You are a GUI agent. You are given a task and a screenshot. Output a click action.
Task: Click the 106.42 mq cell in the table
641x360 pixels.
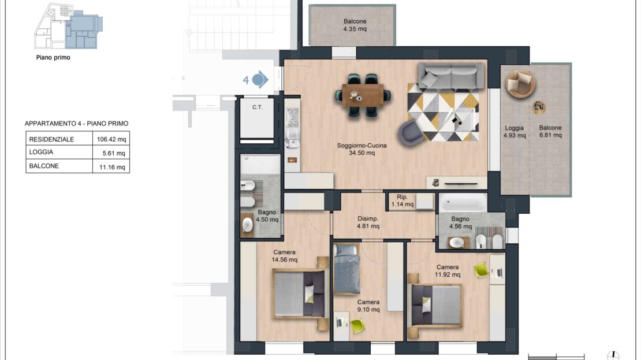coord(111,139)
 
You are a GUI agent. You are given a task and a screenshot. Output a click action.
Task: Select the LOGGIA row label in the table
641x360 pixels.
coord(41,152)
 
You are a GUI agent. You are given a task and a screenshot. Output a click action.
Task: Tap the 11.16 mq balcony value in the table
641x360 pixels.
coord(112,167)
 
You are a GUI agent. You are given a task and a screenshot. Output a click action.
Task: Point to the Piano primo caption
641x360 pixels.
coord(53,58)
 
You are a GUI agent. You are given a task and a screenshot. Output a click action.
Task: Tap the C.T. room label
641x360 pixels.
coord(257,107)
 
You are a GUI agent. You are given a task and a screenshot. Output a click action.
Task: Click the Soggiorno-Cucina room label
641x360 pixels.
coord(362,149)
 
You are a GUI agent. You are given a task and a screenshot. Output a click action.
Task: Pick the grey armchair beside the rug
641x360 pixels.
coord(411,133)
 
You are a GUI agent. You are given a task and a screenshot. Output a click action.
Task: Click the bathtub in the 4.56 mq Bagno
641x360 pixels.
coord(463,202)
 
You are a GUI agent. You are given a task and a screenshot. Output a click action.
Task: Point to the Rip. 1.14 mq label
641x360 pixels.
coord(403,201)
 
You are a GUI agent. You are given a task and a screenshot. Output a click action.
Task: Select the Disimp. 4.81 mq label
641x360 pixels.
coord(368,222)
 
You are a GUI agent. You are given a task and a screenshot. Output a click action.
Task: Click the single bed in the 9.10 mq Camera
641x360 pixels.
coord(346,269)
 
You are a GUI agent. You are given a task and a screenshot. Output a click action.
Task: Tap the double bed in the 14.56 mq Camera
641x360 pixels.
coord(301,294)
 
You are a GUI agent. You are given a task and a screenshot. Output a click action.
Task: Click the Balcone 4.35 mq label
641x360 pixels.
coord(355,25)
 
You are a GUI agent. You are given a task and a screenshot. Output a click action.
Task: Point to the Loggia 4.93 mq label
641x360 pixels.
coord(515,132)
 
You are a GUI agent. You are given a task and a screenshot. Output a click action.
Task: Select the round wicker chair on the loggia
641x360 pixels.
coord(520,83)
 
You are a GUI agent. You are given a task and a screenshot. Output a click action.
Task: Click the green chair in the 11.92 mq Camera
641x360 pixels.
coord(482,270)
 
